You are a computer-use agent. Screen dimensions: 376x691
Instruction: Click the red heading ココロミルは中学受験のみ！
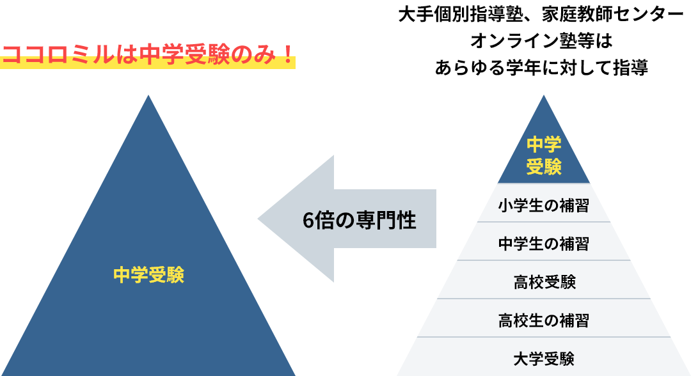[x=148, y=55]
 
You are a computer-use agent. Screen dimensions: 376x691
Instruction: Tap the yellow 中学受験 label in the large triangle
[x=148, y=275]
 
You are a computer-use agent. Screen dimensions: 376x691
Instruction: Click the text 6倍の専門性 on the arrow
[x=359, y=220]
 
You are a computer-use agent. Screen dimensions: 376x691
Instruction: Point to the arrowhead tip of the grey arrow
[x=259, y=219]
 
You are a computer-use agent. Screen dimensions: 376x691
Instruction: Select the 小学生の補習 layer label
[x=543, y=206]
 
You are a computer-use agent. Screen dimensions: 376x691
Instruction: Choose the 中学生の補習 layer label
[x=543, y=244]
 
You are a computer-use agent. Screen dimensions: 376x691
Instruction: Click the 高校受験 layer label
[x=544, y=281]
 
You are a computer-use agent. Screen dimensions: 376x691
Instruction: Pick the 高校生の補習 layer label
[x=543, y=320]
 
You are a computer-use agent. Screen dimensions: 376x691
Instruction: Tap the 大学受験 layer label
[x=544, y=358]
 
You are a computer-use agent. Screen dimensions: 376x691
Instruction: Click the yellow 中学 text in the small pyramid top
[x=544, y=145]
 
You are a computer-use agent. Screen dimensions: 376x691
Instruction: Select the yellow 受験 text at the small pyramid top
[x=544, y=167]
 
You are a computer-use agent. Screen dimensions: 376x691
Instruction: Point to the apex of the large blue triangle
[x=148, y=96]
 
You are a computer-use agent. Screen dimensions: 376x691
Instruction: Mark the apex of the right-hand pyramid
[x=544, y=97]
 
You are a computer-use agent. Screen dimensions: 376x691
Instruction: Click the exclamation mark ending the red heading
[x=287, y=55]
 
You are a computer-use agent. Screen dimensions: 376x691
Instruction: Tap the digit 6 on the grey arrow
[x=309, y=221]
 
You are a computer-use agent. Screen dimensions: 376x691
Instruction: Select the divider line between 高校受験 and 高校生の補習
[x=544, y=299]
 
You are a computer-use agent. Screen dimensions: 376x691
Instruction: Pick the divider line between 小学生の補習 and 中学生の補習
[x=544, y=222]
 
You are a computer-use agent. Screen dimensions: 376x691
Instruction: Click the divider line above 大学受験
[x=544, y=337]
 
